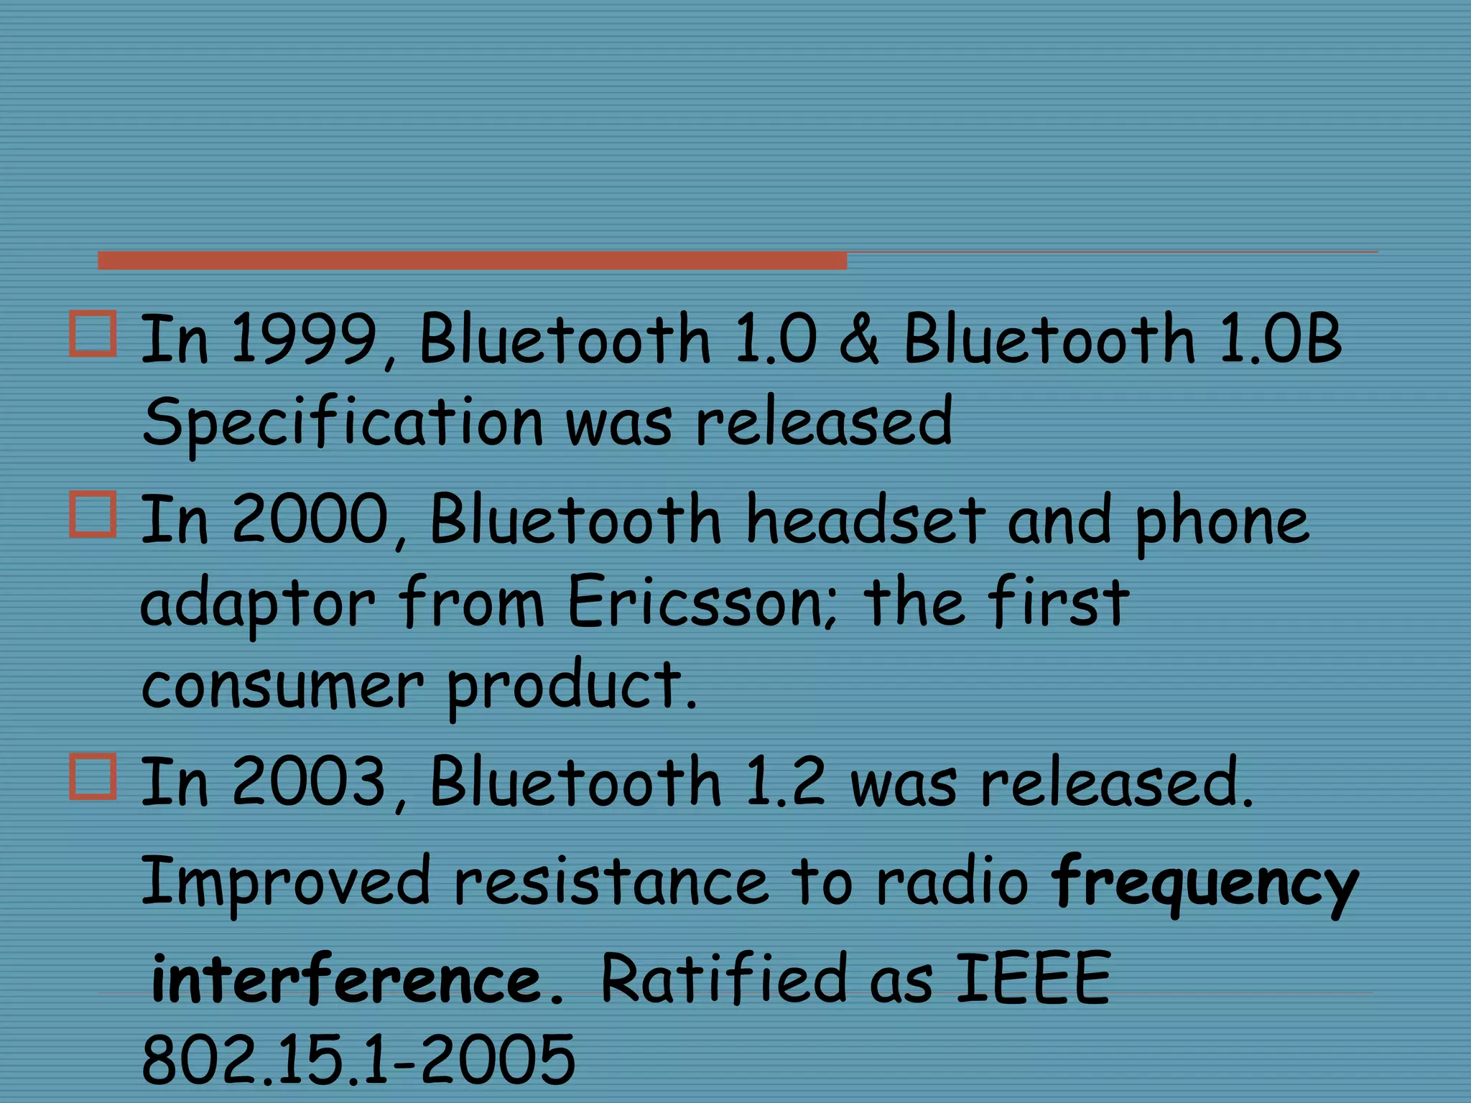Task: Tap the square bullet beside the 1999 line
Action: (x=93, y=334)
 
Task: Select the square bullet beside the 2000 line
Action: (x=93, y=514)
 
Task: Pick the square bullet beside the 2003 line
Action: (x=93, y=776)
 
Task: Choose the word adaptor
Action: (x=257, y=603)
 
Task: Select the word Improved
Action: (x=285, y=882)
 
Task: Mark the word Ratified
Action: (x=723, y=978)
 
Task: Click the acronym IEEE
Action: (x=1034, y=978)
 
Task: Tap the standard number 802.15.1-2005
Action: (x=358, y=1059)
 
